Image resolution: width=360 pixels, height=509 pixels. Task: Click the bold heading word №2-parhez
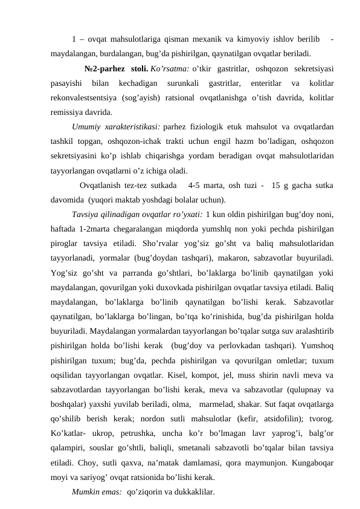[105, 68]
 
